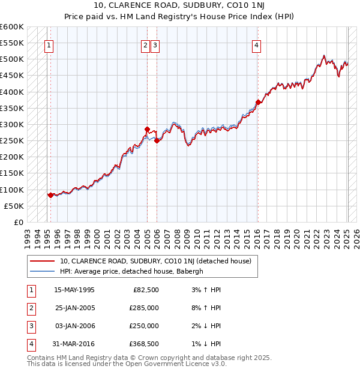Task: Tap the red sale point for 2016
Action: [258, 103]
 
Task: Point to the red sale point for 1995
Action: [50, 195]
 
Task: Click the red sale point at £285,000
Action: [147, 129]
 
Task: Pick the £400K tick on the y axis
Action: [12, 92]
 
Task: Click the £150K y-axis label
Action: [12, 173]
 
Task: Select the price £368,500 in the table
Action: [143, 344]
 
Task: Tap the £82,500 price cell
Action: [146, 290]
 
